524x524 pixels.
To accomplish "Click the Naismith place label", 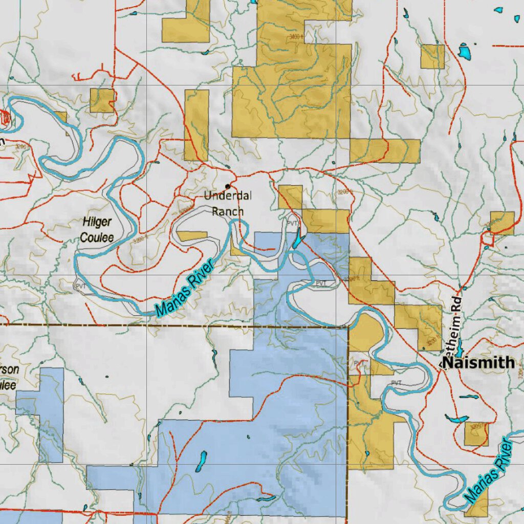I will (x=478, y=363).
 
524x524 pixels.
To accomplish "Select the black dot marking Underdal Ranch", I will (x=228, y=186).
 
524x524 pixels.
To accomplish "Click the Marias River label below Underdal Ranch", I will (x=186, y=289).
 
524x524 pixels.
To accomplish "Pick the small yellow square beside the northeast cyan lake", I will (x=432, y=57).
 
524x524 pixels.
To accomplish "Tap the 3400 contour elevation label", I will (x=295, y=37).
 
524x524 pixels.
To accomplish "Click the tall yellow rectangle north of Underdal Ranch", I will (x=196, y=125).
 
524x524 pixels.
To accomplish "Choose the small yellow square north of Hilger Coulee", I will (x=102, y=100).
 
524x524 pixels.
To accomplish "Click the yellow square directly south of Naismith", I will (x=476, y=434).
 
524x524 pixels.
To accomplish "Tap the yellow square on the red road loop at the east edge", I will (x=502, y=223).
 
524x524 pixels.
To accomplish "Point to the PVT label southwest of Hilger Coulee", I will (x=80, y=286).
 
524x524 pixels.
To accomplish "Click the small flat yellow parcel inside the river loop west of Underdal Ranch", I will (x=192, y=236).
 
